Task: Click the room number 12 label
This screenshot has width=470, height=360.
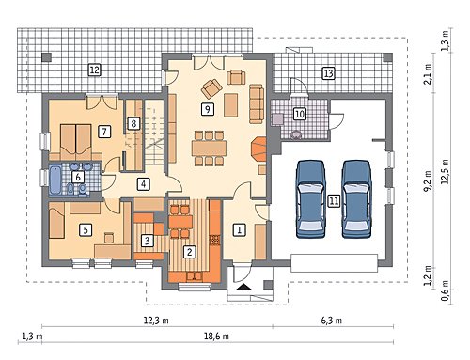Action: [x=94, y=70]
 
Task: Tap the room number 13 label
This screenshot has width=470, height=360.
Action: [x=328, y=73]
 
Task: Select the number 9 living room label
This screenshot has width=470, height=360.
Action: [x=207, y=109]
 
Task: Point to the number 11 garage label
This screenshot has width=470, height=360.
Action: [x=334, y=200]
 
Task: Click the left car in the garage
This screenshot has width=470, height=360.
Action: [x=310, y=199]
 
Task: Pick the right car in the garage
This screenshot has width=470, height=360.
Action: [x=356, y=199]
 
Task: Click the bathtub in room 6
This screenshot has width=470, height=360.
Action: [x=55, y=180]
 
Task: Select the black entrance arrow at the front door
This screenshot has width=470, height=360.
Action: [x=244, y=287]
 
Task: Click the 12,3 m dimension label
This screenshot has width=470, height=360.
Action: [x=156, y=321]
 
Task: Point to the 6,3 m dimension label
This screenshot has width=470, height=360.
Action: [x=331, y=321]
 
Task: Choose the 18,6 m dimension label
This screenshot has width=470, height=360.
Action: [x=216, y=337]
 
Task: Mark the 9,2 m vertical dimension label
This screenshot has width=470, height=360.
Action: [x=428, y=180]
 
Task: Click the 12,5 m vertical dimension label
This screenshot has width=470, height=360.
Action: [x=445, y=171]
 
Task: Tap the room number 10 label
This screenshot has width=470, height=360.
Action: [x=300, y=114]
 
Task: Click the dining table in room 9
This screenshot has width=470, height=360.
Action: [x=210, y=148]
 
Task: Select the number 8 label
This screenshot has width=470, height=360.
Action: [x=133, y=124]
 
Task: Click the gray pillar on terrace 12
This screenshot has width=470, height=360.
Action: [x=47, y=57]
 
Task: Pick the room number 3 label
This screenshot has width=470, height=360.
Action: [x=147, y=241]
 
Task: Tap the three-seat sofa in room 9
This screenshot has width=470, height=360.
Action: [x=257, y=103]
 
